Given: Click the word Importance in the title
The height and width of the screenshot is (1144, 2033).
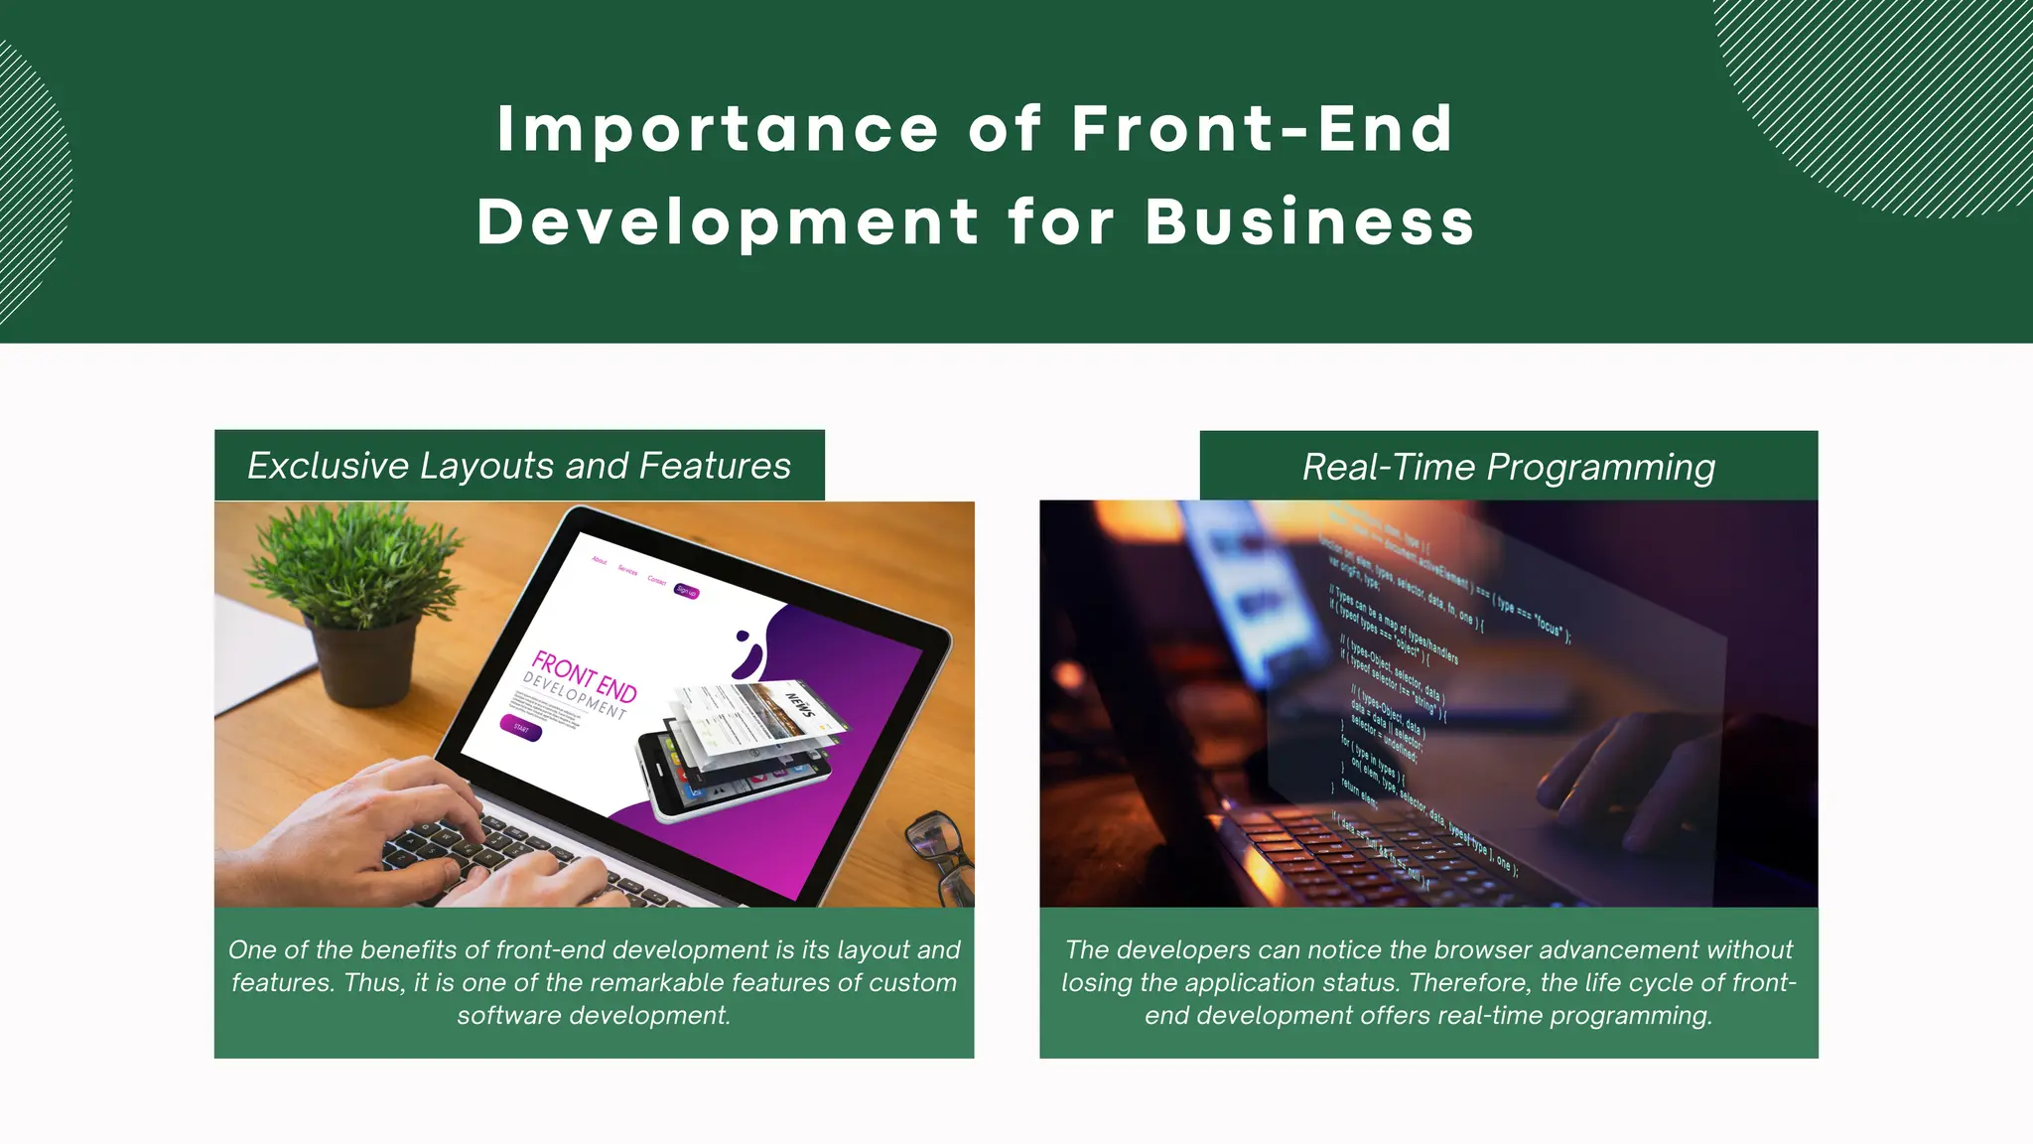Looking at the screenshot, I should [x=717, y=130].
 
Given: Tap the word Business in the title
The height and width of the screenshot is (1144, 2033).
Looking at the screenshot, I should [x=1309, y=221].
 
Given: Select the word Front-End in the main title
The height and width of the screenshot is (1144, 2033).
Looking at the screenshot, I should [x=1262, y=129].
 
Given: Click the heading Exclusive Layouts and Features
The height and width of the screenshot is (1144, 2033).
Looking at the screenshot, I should [x=519, y=466].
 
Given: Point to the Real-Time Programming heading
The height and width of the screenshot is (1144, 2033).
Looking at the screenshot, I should [x=1508, y=467].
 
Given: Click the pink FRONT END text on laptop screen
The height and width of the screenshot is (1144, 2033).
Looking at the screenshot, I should [x=584, y=675].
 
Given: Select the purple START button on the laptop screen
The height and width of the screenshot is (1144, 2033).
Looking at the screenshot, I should [x=521, y=728].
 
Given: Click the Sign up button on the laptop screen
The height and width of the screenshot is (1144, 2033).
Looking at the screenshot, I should [x=686, y=591].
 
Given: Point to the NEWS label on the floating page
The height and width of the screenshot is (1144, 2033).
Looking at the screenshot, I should [x=800, y=705].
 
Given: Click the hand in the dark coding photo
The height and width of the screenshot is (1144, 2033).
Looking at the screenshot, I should [x=1628, y=775].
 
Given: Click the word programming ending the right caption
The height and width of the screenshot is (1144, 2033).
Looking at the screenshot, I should [x=1630, y=1016].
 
